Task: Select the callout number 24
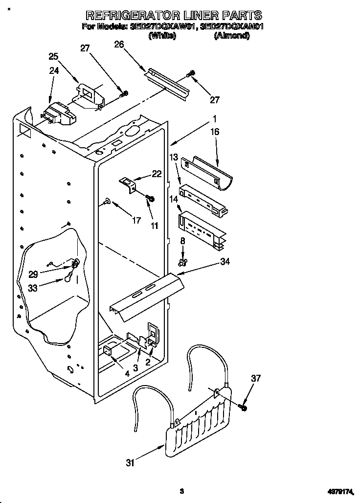(54, 70)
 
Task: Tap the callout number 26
(118, 45)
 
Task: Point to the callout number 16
(215, 132)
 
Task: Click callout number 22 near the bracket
(156, 173)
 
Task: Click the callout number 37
(255, 378)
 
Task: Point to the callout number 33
(33, 288)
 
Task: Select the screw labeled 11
(150, 198)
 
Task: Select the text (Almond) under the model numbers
(231, 36)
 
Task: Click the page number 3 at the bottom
(181, 491)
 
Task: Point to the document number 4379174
(340, 491)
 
